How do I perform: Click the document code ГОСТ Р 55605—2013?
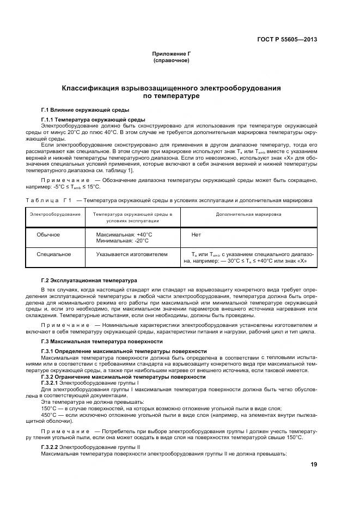(x=287, y=40)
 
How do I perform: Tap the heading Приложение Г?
(x=172, y=54)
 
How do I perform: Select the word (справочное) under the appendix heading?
(x=172, y=60)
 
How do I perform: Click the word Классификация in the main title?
(x=90, y=88)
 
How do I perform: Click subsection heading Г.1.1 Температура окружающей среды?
(x=93, y=119)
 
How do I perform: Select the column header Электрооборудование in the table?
(x=55, y=214)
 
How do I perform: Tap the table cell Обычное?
(x=48, y=234)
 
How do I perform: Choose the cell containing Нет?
(x=197, y=234)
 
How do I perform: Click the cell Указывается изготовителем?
(x=132, y=254)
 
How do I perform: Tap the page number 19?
(x=314, y=464)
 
